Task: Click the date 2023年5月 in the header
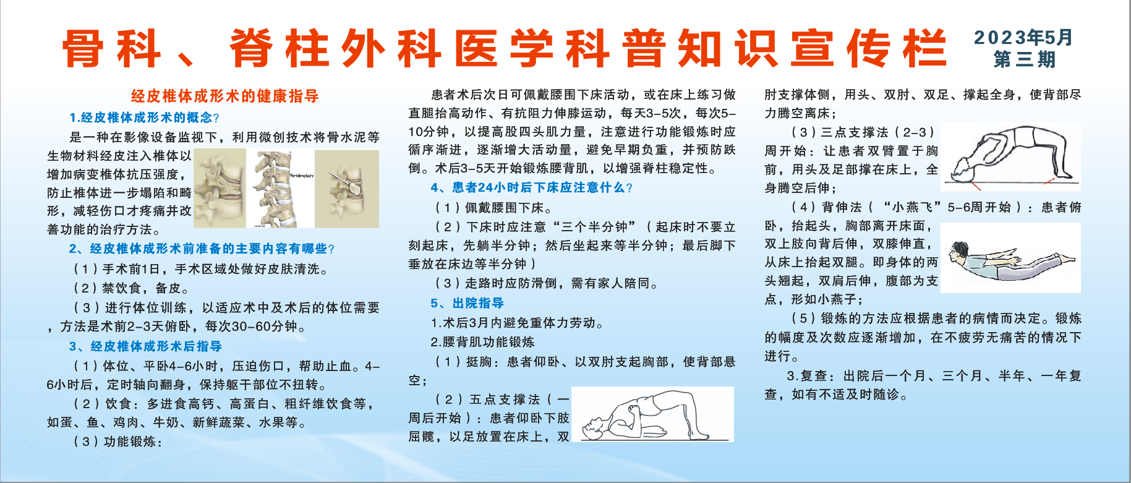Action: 1023,37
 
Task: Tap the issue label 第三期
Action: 1024,59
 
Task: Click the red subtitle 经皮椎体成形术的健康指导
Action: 225,96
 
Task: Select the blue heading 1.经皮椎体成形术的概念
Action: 144,118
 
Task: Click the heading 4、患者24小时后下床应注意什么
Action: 532,187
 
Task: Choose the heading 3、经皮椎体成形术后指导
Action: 145,346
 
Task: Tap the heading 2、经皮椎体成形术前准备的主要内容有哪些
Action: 202,249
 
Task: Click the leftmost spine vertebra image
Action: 220,189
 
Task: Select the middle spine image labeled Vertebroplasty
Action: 280,189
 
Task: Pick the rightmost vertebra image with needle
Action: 347,189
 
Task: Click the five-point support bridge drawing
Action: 652,414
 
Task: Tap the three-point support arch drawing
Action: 1010,156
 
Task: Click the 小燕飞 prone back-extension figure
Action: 1014,258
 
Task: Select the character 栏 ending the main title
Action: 924,48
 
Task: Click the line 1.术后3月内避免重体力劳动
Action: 517,323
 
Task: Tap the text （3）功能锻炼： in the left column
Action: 117,442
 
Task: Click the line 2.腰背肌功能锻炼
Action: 482,342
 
